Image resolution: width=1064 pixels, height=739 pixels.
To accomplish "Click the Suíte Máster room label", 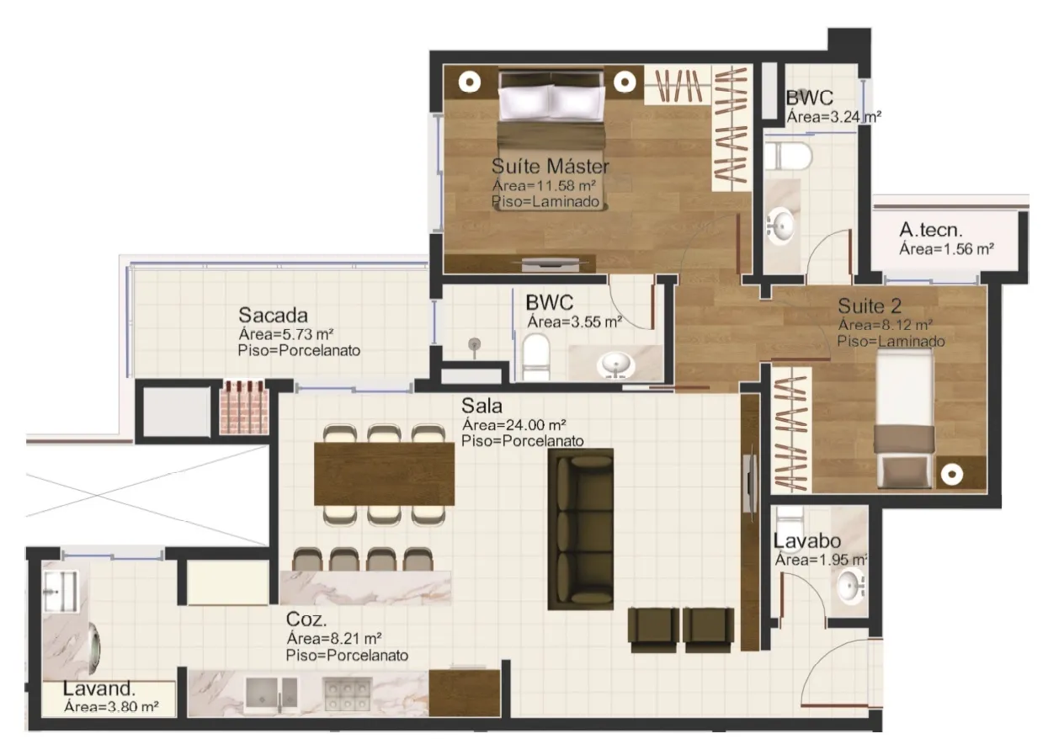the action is tap(550, 166).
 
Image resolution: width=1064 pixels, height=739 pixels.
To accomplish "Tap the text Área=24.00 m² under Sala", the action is tap(514, 424).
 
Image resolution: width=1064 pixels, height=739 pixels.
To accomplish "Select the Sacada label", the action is tap(273, 315).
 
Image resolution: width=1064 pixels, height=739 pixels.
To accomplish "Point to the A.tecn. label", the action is tap(930, 230).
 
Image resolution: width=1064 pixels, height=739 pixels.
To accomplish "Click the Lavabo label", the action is tap(807, 541).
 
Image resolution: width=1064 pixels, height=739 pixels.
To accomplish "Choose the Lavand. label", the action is tap(98, 688).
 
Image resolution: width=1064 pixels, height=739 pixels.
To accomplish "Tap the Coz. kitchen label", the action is tap(306, 619).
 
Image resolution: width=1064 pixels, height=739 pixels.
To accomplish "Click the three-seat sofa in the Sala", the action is tap(581, 529).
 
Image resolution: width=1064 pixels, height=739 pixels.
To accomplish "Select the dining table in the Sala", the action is tap(385, 474).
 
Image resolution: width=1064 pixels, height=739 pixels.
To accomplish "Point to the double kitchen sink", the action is tap(271, 695).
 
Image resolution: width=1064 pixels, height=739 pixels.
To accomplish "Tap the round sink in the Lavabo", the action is tap(851, 586).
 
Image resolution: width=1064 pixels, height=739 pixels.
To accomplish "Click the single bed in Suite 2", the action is tap(904, 419).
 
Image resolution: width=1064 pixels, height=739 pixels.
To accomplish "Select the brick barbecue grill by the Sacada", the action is tap(244, 407).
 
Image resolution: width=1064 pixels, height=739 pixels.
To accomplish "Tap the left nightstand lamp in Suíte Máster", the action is tap(470, 82).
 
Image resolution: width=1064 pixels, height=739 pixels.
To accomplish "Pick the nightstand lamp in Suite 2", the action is tap(951, 474).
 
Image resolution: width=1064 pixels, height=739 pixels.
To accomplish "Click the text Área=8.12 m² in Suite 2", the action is tap(885, 325).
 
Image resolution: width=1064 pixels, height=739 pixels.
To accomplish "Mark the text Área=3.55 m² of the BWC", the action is tap(575, 322).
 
